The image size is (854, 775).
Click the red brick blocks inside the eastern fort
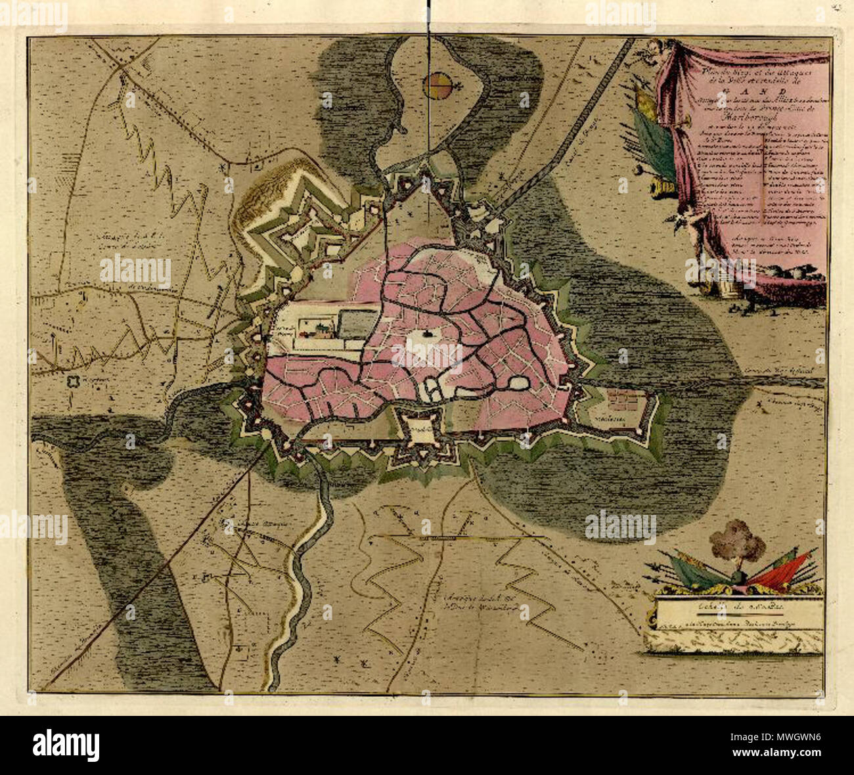623,397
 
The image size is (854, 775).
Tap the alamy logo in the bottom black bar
66,745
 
